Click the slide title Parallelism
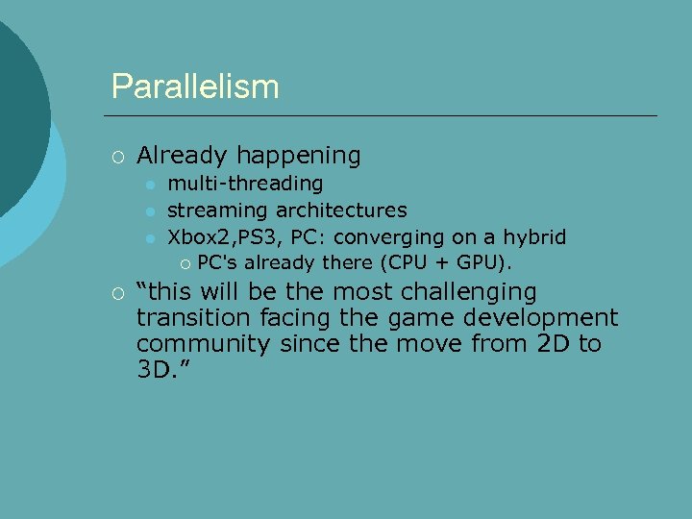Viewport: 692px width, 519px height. coord(195,86)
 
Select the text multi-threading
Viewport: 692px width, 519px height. coord(245,183)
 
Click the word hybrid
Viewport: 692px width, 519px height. coord(535,236)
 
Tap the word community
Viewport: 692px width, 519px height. coord(202,344)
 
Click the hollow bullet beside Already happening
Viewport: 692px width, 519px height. coord(116,156)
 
